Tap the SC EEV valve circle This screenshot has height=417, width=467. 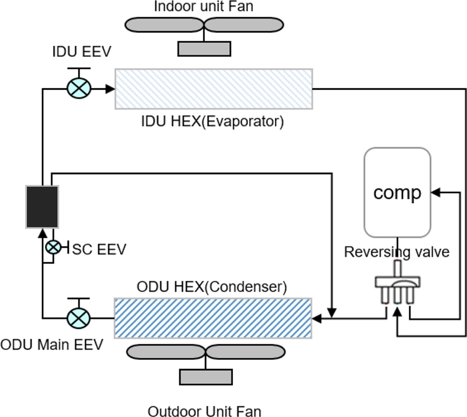[x=53, y=247]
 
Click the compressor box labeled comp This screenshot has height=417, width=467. [x=397, y=192]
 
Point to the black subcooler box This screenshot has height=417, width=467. [x=42, y=206]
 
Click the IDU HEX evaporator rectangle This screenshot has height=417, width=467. [x=214, y=89]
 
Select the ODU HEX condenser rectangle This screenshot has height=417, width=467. [x=214, y=318]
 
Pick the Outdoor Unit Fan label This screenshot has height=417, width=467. [x=204, y=411]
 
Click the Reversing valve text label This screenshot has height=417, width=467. [x=397, y=252]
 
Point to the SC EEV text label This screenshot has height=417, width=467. [x=99, y=249]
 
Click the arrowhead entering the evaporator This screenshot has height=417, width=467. [x=110, y=89]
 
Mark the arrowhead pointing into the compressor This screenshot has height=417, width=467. [x=434, y=192]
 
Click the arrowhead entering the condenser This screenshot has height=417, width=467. [x=317, y=319]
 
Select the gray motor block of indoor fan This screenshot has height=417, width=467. [x=204, y=48]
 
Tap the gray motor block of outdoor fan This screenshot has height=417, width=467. [x=204, y=377]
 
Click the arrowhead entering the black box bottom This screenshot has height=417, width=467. [x=42, y=232]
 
